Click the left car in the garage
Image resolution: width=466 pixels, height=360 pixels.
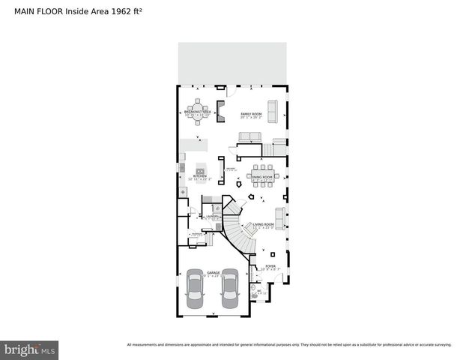194,289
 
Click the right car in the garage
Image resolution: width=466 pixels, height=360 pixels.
229,289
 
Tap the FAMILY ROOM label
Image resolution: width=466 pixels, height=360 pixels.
249,113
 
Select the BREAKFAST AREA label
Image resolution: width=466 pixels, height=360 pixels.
199,111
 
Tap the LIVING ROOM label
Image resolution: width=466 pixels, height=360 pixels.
263,224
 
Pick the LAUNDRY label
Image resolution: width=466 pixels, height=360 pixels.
213,216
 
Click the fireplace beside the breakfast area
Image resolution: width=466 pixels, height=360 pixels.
222,111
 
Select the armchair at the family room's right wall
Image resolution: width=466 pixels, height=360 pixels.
273,111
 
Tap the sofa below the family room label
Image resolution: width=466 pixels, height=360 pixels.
249,136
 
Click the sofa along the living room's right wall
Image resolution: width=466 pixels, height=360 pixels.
280,216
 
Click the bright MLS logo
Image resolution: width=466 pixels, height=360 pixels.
29,349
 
